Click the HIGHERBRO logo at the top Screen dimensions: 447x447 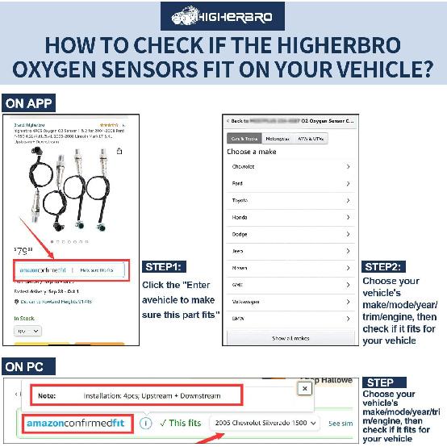point(223,16)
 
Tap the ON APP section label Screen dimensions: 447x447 point(29,103)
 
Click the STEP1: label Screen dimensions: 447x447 point(166,265)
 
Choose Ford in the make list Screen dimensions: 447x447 point(237,183)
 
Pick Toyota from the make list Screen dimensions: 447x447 point(240,199)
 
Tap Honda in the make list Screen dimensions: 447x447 point(240,216)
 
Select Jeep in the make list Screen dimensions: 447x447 point(237,251)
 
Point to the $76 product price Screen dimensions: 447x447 point(23,251)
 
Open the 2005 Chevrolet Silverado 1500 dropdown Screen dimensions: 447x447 point(266,423)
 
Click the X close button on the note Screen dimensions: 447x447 point(304,388)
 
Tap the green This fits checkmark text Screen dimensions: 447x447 point(181,423)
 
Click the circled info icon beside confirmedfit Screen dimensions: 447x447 point(145,423)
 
